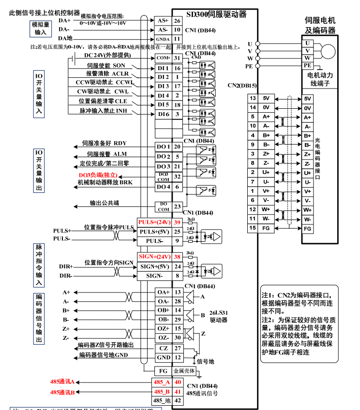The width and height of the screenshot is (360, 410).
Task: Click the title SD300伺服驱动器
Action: pyautogui.click(x=216, y=15)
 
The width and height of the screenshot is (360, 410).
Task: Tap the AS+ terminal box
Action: pyautogui.click(x=163, y=20)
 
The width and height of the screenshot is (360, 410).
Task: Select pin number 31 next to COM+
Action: pyautogui.click(x=177, y=58)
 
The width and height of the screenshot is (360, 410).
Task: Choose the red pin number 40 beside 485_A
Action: pyautogui.click(x=178, y=382)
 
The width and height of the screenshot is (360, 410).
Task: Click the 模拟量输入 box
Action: pyautogui.click(x=41, y=28)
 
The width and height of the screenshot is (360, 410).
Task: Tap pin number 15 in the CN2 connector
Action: pyautogui.click(x=252, y=227)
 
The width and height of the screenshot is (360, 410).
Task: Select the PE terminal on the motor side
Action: pyautogui.click(x=307, y=65)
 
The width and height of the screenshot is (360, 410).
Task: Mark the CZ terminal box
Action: pyautogui.click(x=163, y=348)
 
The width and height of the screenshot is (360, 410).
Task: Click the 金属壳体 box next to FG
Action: pyautogui.click(x=184, y=371)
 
